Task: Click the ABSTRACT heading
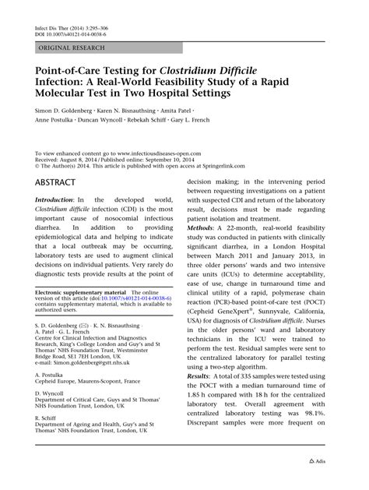click(55, 182)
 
